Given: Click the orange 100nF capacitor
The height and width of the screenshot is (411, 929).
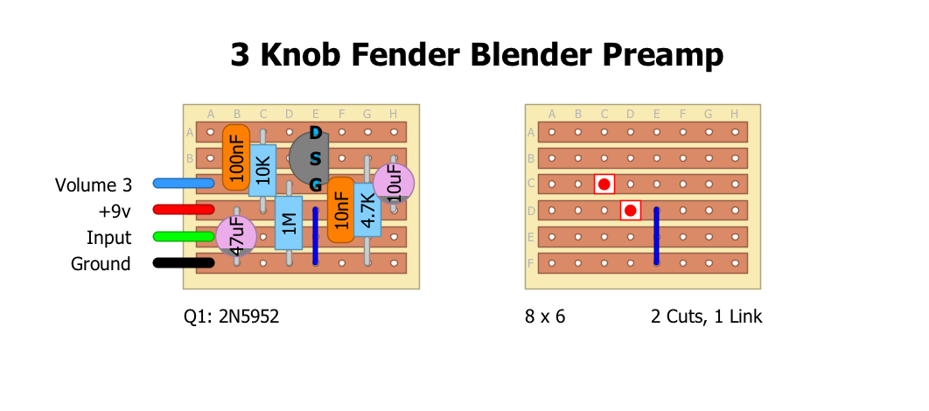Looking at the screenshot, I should point(236,157).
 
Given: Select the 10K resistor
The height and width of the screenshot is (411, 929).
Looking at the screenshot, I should point(262,171).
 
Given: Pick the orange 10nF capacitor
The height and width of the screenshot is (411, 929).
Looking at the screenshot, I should point(341,210).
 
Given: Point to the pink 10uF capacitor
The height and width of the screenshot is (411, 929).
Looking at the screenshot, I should point(393,184).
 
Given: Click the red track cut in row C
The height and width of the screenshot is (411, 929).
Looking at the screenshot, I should point(604,184).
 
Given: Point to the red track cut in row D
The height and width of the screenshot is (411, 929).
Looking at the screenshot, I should point(630,210).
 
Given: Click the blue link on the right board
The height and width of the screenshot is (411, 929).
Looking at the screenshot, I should point(656,236).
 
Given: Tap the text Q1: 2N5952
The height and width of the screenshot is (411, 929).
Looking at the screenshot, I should point(231,317).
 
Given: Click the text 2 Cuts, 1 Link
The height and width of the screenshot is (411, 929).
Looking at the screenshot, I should point(706,317).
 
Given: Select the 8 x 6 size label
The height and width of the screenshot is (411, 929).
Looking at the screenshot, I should point(545,317).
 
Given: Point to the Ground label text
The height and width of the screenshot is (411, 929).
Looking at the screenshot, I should point(101,264).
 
